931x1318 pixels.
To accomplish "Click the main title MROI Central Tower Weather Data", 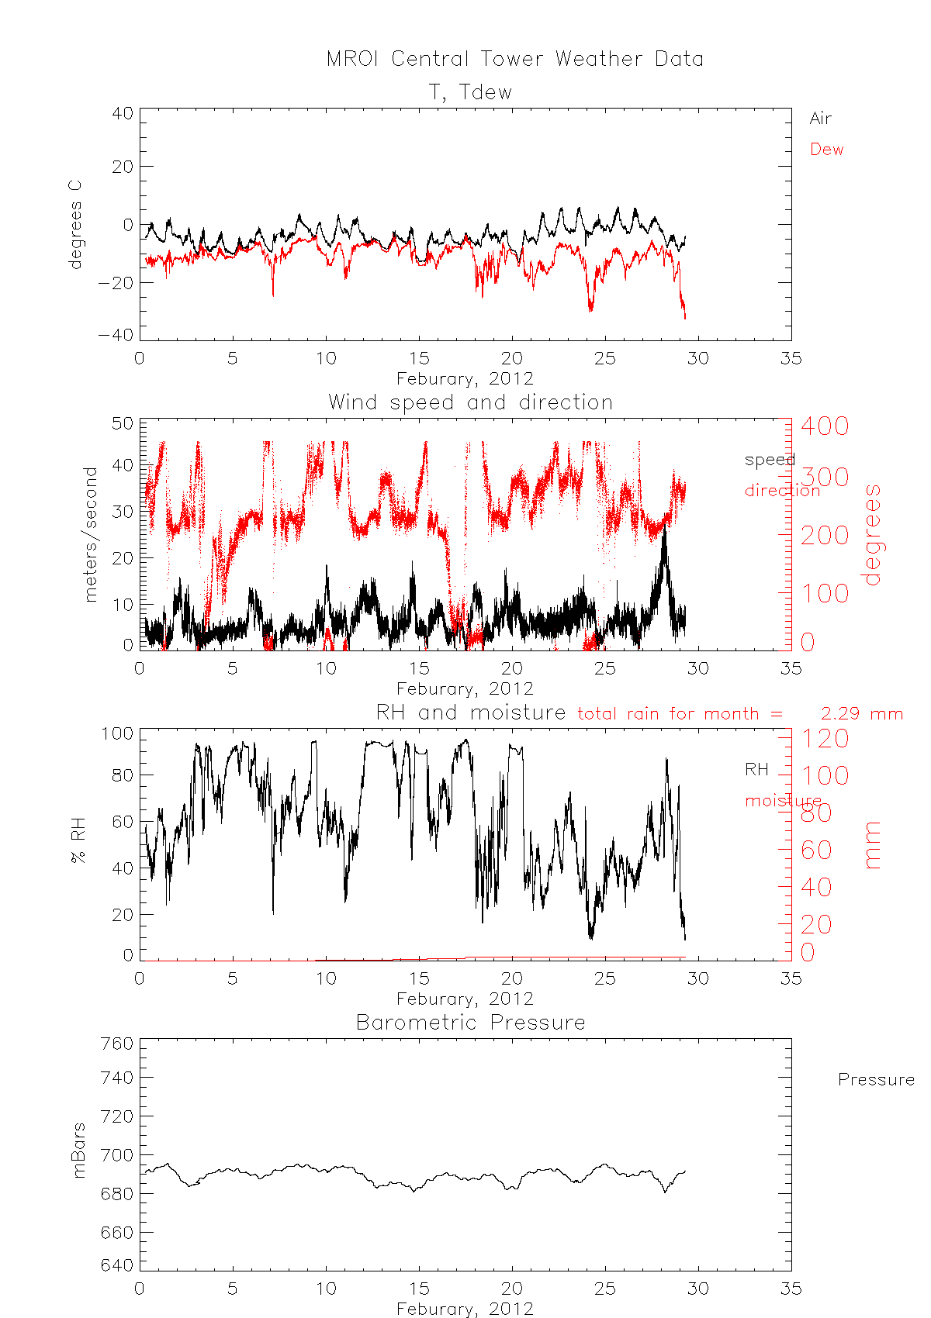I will [x=514, y=59].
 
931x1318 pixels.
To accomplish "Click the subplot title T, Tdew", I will [x=471, y=92].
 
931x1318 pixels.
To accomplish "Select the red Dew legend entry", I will [x=826, y=150].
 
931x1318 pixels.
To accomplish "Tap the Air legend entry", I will [x=820, y=119].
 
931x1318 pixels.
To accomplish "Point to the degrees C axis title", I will [x=75, y=225].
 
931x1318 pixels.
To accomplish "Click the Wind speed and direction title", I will [x=470, y=402].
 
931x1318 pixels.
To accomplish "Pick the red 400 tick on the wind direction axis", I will [x=825, y=426].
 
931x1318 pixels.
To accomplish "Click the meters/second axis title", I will [x=91, y=534].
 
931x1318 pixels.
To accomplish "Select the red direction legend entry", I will [x=782, y=491].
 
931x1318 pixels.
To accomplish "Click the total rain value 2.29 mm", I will [x=861, y=714].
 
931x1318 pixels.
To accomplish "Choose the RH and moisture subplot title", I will [x=471, y=712].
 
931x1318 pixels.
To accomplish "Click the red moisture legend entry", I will [x=783, y=801].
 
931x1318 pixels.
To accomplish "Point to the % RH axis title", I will [x=78, y=845].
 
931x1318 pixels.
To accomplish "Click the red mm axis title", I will [x=873, y=845].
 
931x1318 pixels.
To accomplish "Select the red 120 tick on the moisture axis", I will [x=825, y=738].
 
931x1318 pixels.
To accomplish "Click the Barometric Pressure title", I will [x=470, y=1023].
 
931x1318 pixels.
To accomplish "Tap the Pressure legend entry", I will [x=876, y=1080].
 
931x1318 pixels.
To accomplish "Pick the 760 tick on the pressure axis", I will [x=117, y=1044].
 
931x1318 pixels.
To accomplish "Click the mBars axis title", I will [x=78, y=1151].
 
